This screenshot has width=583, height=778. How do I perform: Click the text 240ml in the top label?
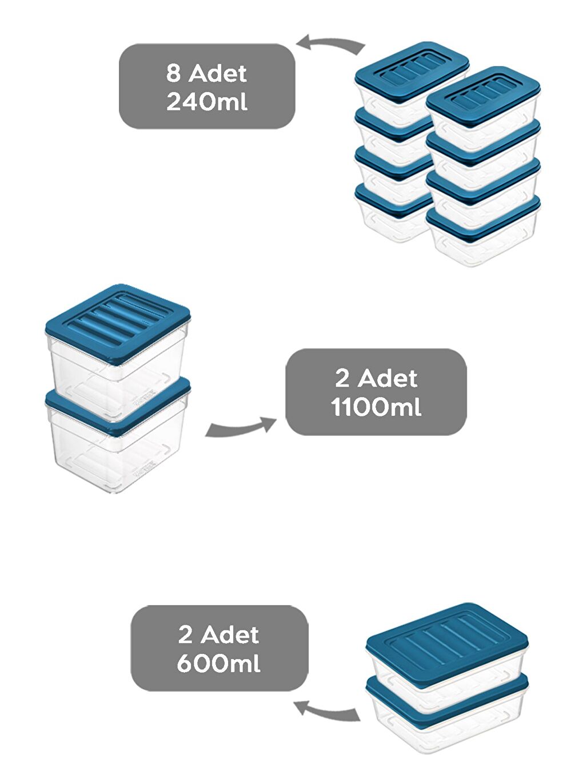(x=207, y=102)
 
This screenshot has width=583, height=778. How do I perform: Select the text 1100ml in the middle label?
(x=376, y=407)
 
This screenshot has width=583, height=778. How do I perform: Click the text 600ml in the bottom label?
(x=219, y=664)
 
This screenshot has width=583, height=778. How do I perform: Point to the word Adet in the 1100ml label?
(x=388, y=378)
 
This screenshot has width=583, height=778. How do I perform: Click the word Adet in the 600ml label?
(x=230, y=635)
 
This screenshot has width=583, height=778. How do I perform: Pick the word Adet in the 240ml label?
(x=218, y=73)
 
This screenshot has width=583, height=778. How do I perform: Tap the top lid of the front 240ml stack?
(x=483, y=95)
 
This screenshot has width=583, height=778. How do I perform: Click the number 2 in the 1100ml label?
(x=342, y=378)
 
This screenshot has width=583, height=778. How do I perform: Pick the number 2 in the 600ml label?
(x=185, y=635)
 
